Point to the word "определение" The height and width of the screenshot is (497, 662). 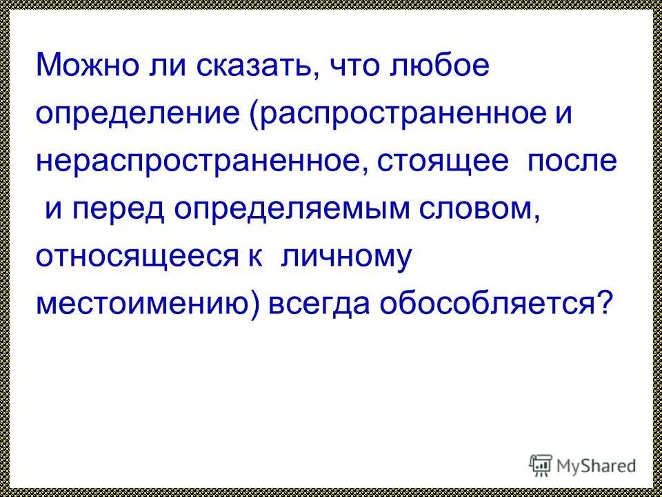[138, 114]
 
